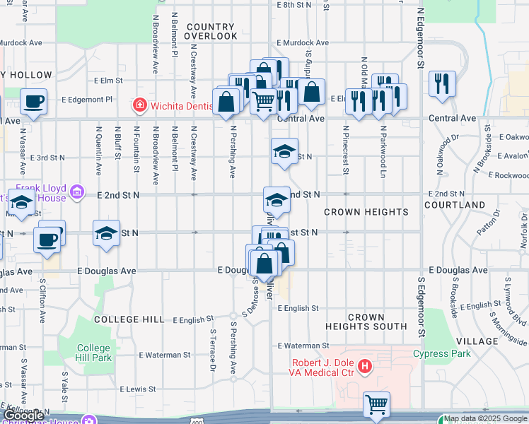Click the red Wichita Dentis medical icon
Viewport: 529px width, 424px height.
coord(140,106)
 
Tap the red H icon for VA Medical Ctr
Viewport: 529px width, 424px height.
coord(365,366)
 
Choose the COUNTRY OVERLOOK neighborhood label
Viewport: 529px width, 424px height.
coord(211,31)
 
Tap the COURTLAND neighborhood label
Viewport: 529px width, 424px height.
coord(455,205)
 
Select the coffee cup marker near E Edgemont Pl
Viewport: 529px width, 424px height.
coord(33,102)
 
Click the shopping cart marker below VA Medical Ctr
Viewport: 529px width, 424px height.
coord(376,404)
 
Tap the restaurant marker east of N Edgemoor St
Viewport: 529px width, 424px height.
coord(441,83)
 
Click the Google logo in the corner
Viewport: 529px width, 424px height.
coord(23,416)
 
